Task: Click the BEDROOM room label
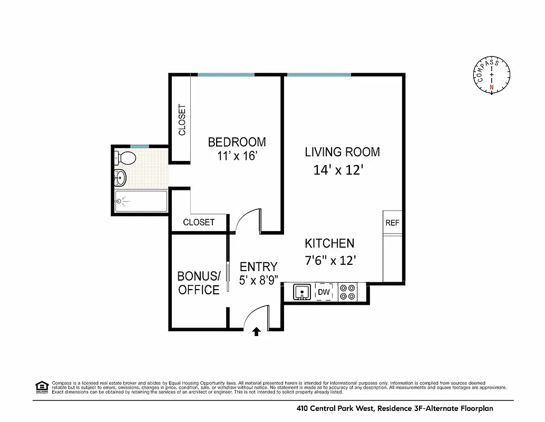[x=237, y=142]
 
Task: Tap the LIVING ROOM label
[x=342, y=152]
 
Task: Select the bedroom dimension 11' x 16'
[x=237, y=156]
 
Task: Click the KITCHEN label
[x=329, y=243]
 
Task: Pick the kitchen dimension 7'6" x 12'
[x=330, y=260]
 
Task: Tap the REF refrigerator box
[x=392, y=223]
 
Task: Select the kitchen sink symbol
[x=301, y=292]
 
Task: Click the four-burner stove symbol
[x=347, y=292]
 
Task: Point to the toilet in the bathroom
[x=126, y=157]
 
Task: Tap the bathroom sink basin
[x=120, y=178]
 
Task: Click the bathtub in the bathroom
[x=141, y=201]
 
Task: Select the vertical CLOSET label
[x=182, y=120]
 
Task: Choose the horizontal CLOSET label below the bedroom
[x=199, y=222]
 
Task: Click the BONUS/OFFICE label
[x=198, y=283]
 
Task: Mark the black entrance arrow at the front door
[x=256, y=331]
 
